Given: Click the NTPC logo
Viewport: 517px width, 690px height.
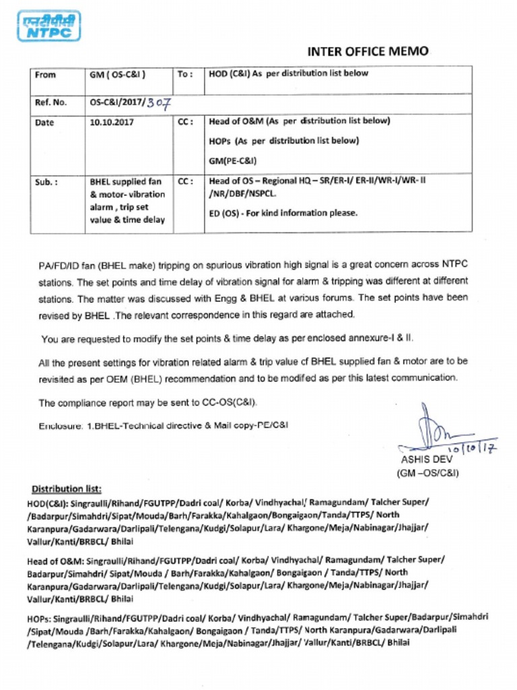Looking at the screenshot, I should coord(48,26).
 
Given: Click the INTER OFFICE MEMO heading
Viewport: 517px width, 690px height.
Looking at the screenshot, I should coord(367,51).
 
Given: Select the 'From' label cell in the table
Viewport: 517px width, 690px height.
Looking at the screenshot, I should coord(45,75).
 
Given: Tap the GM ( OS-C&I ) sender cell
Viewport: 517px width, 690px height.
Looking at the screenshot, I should coord(118,75).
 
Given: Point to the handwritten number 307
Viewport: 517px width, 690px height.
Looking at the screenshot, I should coord(160,103).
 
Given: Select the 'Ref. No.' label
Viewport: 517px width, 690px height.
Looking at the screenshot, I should coord(50,103).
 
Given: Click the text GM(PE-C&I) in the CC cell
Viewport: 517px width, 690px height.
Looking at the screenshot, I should coord(233,160).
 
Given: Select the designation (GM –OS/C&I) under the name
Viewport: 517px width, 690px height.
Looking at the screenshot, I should coord(428,473).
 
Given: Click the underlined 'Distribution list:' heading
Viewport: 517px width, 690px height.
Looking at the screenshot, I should coord(67,488).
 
